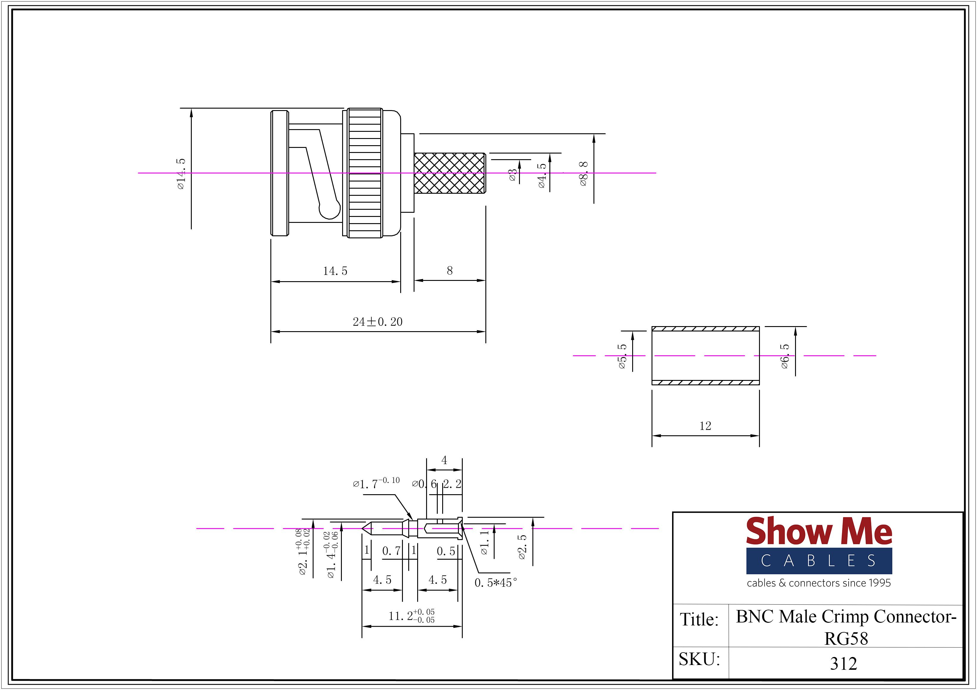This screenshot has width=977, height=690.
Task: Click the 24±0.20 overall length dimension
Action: pyautogui.click(x=378, y=322)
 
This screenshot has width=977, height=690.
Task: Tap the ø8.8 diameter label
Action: pyautogui.click(x=583, y=173)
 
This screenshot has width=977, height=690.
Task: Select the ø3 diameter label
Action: pyautogui.click(x=513, y=175)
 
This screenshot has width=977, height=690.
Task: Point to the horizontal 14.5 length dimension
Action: pyautogui.click(x=335, y=271)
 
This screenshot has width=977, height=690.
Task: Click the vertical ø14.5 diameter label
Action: pyautogui.click(x=181, y=173)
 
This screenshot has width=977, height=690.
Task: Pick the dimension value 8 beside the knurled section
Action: pyautogui.click(x=449, y=271)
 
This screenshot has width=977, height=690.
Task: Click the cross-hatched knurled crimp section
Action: pyautogui.click(x=449, y=173)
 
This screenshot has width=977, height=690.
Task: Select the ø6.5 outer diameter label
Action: pyautogui.click(x=785, y=356)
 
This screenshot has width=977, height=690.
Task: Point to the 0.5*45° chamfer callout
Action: pyautogui.click(x=496, y=583)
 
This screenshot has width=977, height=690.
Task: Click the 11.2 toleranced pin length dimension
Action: pyautogui.click(x=411, y=616)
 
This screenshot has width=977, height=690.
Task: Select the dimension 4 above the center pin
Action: pyautogui.click(x=444, y=460)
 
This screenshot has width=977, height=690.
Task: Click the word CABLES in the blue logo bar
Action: pyautogui.click(x=819, y=561)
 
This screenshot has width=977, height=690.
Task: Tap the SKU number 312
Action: pyautogui.click(x=843, y=663)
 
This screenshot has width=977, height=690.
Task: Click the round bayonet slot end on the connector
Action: pyautogui.click(x=330, y=209)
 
